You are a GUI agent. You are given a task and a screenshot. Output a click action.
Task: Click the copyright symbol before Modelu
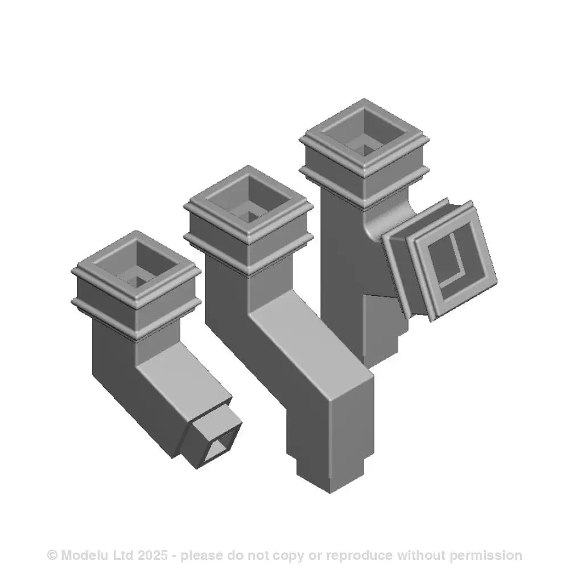52,555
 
